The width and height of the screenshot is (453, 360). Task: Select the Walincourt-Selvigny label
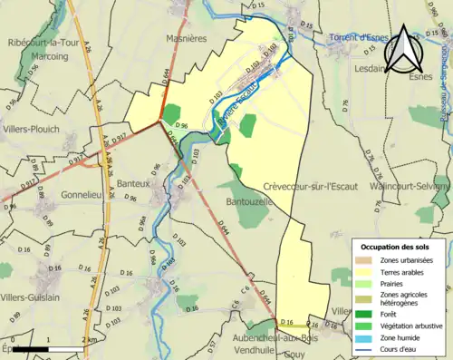[x=410, y=186]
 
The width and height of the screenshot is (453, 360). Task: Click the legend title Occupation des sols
[x=394, y=246]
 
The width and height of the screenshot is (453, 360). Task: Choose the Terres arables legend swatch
[x=367, y=269]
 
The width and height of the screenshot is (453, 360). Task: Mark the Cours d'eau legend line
[x=367, y=347]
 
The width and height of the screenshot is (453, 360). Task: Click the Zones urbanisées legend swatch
[x=367, y=258]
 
